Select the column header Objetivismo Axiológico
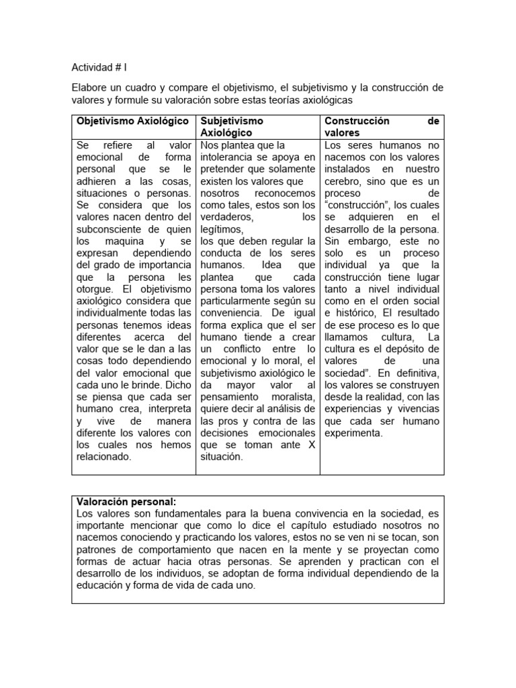pyautogui.click(x=131, y=121)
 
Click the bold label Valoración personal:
pyautogui.click(x=127, y=501)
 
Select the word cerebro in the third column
pyautogui.click(x=345, y=181)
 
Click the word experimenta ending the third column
pyautogui.click(x=353, y=433)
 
